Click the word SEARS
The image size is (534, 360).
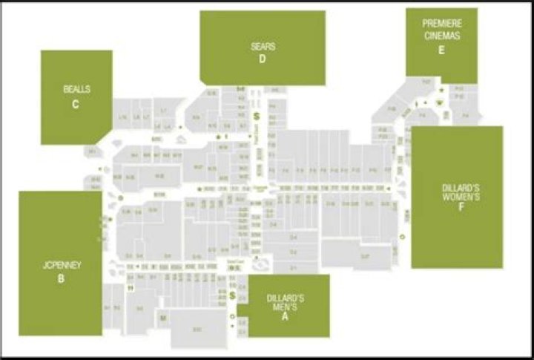[x=263, y=47]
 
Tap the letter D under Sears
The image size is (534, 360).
[x=263, y=60]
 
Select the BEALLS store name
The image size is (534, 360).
[x=76, y=89]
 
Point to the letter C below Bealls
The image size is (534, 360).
[x=76, y=105]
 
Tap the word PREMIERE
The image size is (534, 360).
[x=441, y=23]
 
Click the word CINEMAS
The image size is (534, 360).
[x=441, y=35]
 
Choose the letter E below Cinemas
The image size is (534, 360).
[x=441, y=50]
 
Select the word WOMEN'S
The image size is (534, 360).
[x=461, y=197]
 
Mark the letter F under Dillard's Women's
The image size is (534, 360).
[x=461, y=208]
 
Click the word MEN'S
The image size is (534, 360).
[x=285, y=306]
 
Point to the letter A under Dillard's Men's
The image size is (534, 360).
[x=285, y=316]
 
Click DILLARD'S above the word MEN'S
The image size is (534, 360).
[x=285, y=297]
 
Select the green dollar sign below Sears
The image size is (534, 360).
[x=255, y=117]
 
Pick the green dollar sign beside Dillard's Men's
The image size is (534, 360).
[x=232, y=296]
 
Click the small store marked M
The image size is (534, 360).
[x=162, y=318]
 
